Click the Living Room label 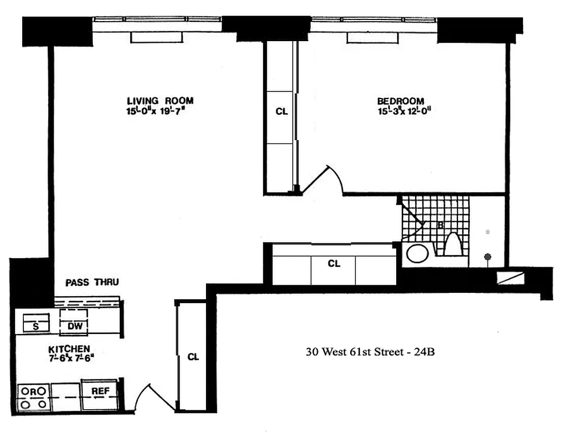point(159,101)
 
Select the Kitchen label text point(69,349)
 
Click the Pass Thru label point(92,282)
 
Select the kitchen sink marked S point(35,325)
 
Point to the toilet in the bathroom point(453,244)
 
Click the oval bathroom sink point(417,253)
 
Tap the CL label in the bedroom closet point(281,112)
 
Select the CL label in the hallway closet point(334,264)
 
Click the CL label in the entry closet point(193,357)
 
